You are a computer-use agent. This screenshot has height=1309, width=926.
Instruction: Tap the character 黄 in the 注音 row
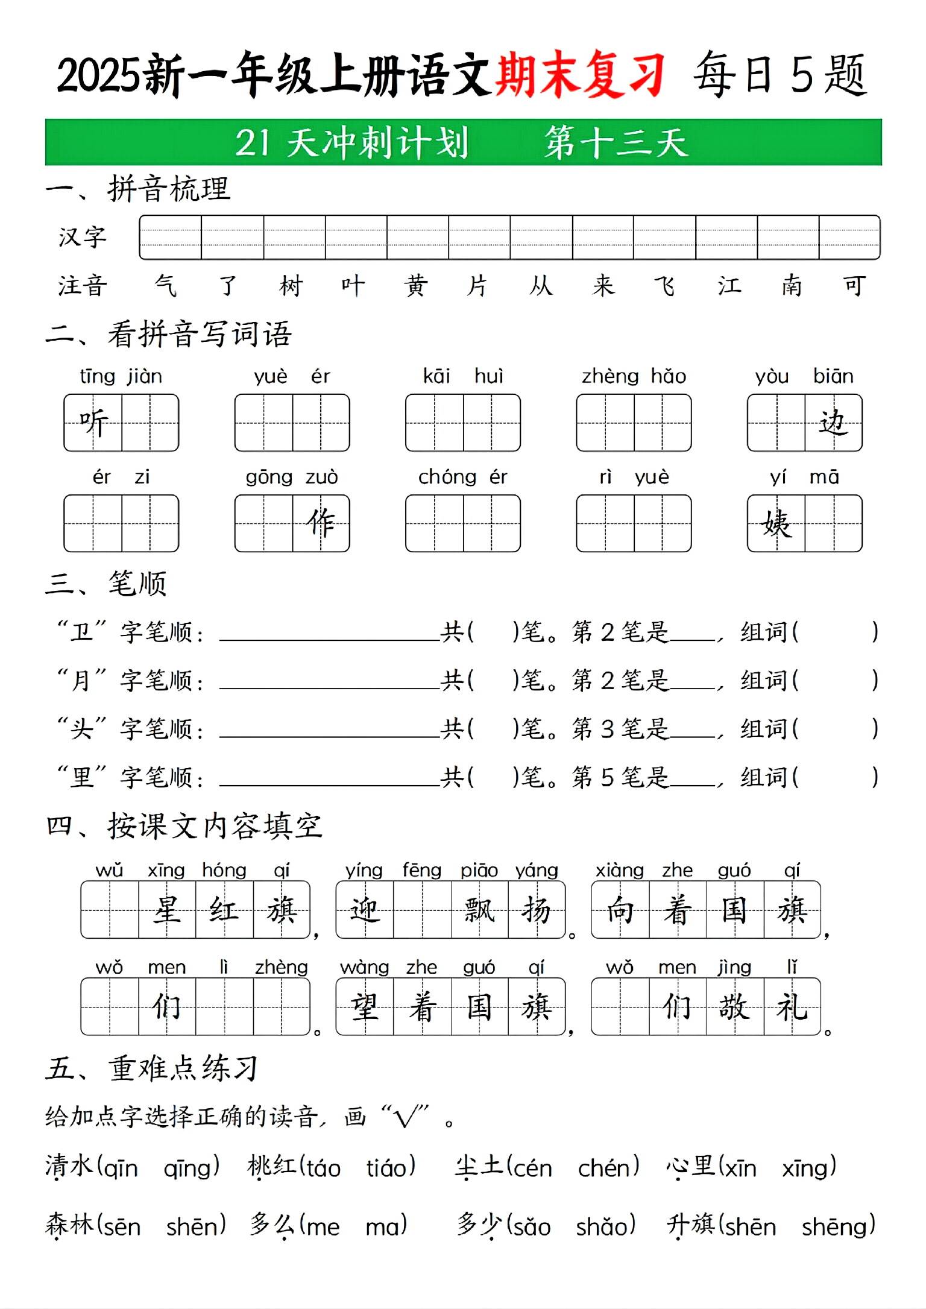click(416, 285)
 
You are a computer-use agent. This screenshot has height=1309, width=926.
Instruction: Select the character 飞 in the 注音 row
click(665, 285)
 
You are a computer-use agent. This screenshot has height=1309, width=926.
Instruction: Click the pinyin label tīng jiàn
click(121, 376)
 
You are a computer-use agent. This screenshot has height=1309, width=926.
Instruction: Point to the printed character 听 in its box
click(93, 422)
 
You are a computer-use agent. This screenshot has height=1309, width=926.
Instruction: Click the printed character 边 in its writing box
click(833, 422)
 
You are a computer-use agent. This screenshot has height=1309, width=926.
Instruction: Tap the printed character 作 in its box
click(321, 523)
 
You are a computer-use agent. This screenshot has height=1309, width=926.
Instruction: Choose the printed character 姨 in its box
click(776, 523)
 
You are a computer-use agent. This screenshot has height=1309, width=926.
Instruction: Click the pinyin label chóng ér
click(462, 477)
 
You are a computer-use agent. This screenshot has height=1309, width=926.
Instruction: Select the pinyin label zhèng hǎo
click(634, 376)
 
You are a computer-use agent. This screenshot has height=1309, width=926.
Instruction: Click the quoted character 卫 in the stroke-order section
click(82, 632)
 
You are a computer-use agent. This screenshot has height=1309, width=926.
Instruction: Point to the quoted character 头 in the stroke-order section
click(82, 729)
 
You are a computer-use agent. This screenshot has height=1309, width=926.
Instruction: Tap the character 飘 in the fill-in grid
click(479, 909)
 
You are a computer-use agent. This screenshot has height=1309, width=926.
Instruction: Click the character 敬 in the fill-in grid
click(734, 1006)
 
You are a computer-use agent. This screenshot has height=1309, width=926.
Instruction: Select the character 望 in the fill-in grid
click(365, 1006)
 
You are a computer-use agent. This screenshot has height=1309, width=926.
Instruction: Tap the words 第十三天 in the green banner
click(616, 143)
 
